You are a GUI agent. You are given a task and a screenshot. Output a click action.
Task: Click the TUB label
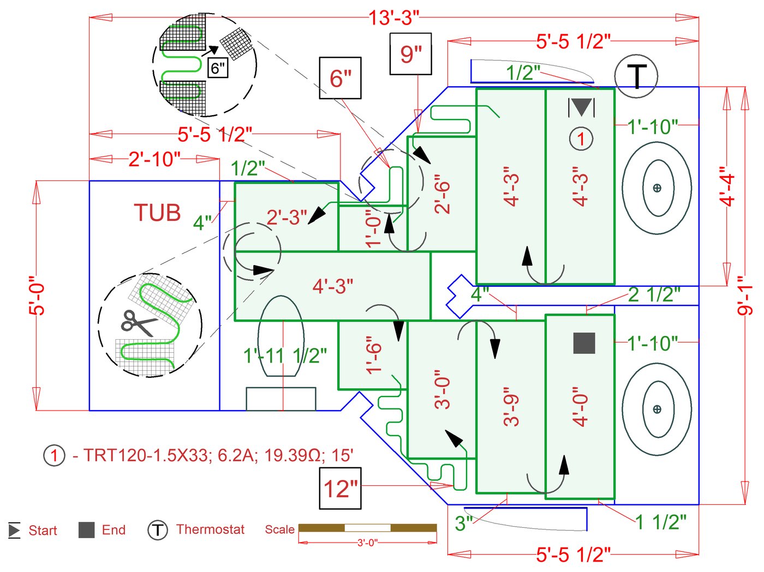(x=157, y=213)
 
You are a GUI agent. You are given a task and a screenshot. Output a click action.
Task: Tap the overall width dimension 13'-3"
(x=393, y=18)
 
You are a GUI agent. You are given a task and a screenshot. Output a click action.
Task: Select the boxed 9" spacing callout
(x=410, y=54)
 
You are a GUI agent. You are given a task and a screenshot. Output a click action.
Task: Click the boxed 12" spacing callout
(x=341, y=489)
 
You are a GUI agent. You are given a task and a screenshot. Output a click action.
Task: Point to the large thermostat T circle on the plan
(x=636, y=76)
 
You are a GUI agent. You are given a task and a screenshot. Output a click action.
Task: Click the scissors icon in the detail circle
(x=138, y=323)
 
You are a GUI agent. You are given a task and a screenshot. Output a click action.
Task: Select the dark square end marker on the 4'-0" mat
(x=584, y=343)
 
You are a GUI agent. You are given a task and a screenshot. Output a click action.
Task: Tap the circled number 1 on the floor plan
(x=581, y=139)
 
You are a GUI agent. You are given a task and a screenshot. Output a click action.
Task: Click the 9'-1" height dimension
(x=744, y=294)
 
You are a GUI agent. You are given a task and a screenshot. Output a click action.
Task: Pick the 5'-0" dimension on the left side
(x=37, y=295)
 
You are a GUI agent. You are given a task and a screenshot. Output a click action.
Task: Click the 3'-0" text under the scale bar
(x=367, y=543)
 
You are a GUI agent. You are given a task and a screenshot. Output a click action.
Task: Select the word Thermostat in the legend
(x=210, y=529)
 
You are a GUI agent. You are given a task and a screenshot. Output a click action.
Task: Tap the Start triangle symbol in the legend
(x=14, y=530)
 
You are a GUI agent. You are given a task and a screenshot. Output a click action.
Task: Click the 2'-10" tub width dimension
(x=154, y=159)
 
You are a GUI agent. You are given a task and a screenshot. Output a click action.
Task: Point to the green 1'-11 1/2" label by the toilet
(x=285, y=356)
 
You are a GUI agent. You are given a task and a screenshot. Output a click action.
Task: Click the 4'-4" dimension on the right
(x=727, y=186)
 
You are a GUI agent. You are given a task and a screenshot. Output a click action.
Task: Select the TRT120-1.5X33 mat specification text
(x=213, y=455)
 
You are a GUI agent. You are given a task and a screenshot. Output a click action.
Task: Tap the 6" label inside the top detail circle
(x=217, y=68)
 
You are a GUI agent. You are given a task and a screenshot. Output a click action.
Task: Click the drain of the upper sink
(x=657, y=188)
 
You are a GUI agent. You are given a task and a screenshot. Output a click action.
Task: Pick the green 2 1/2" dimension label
(x=654, y=294)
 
